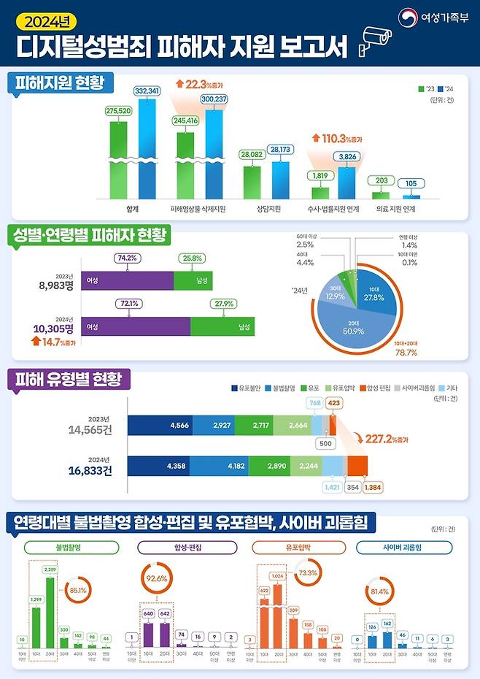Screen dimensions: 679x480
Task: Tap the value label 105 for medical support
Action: click(x=412, y=183)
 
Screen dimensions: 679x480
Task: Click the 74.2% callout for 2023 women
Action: click(x=128, y=258)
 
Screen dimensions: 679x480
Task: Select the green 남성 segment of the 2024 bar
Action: click(x=222, y=326)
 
